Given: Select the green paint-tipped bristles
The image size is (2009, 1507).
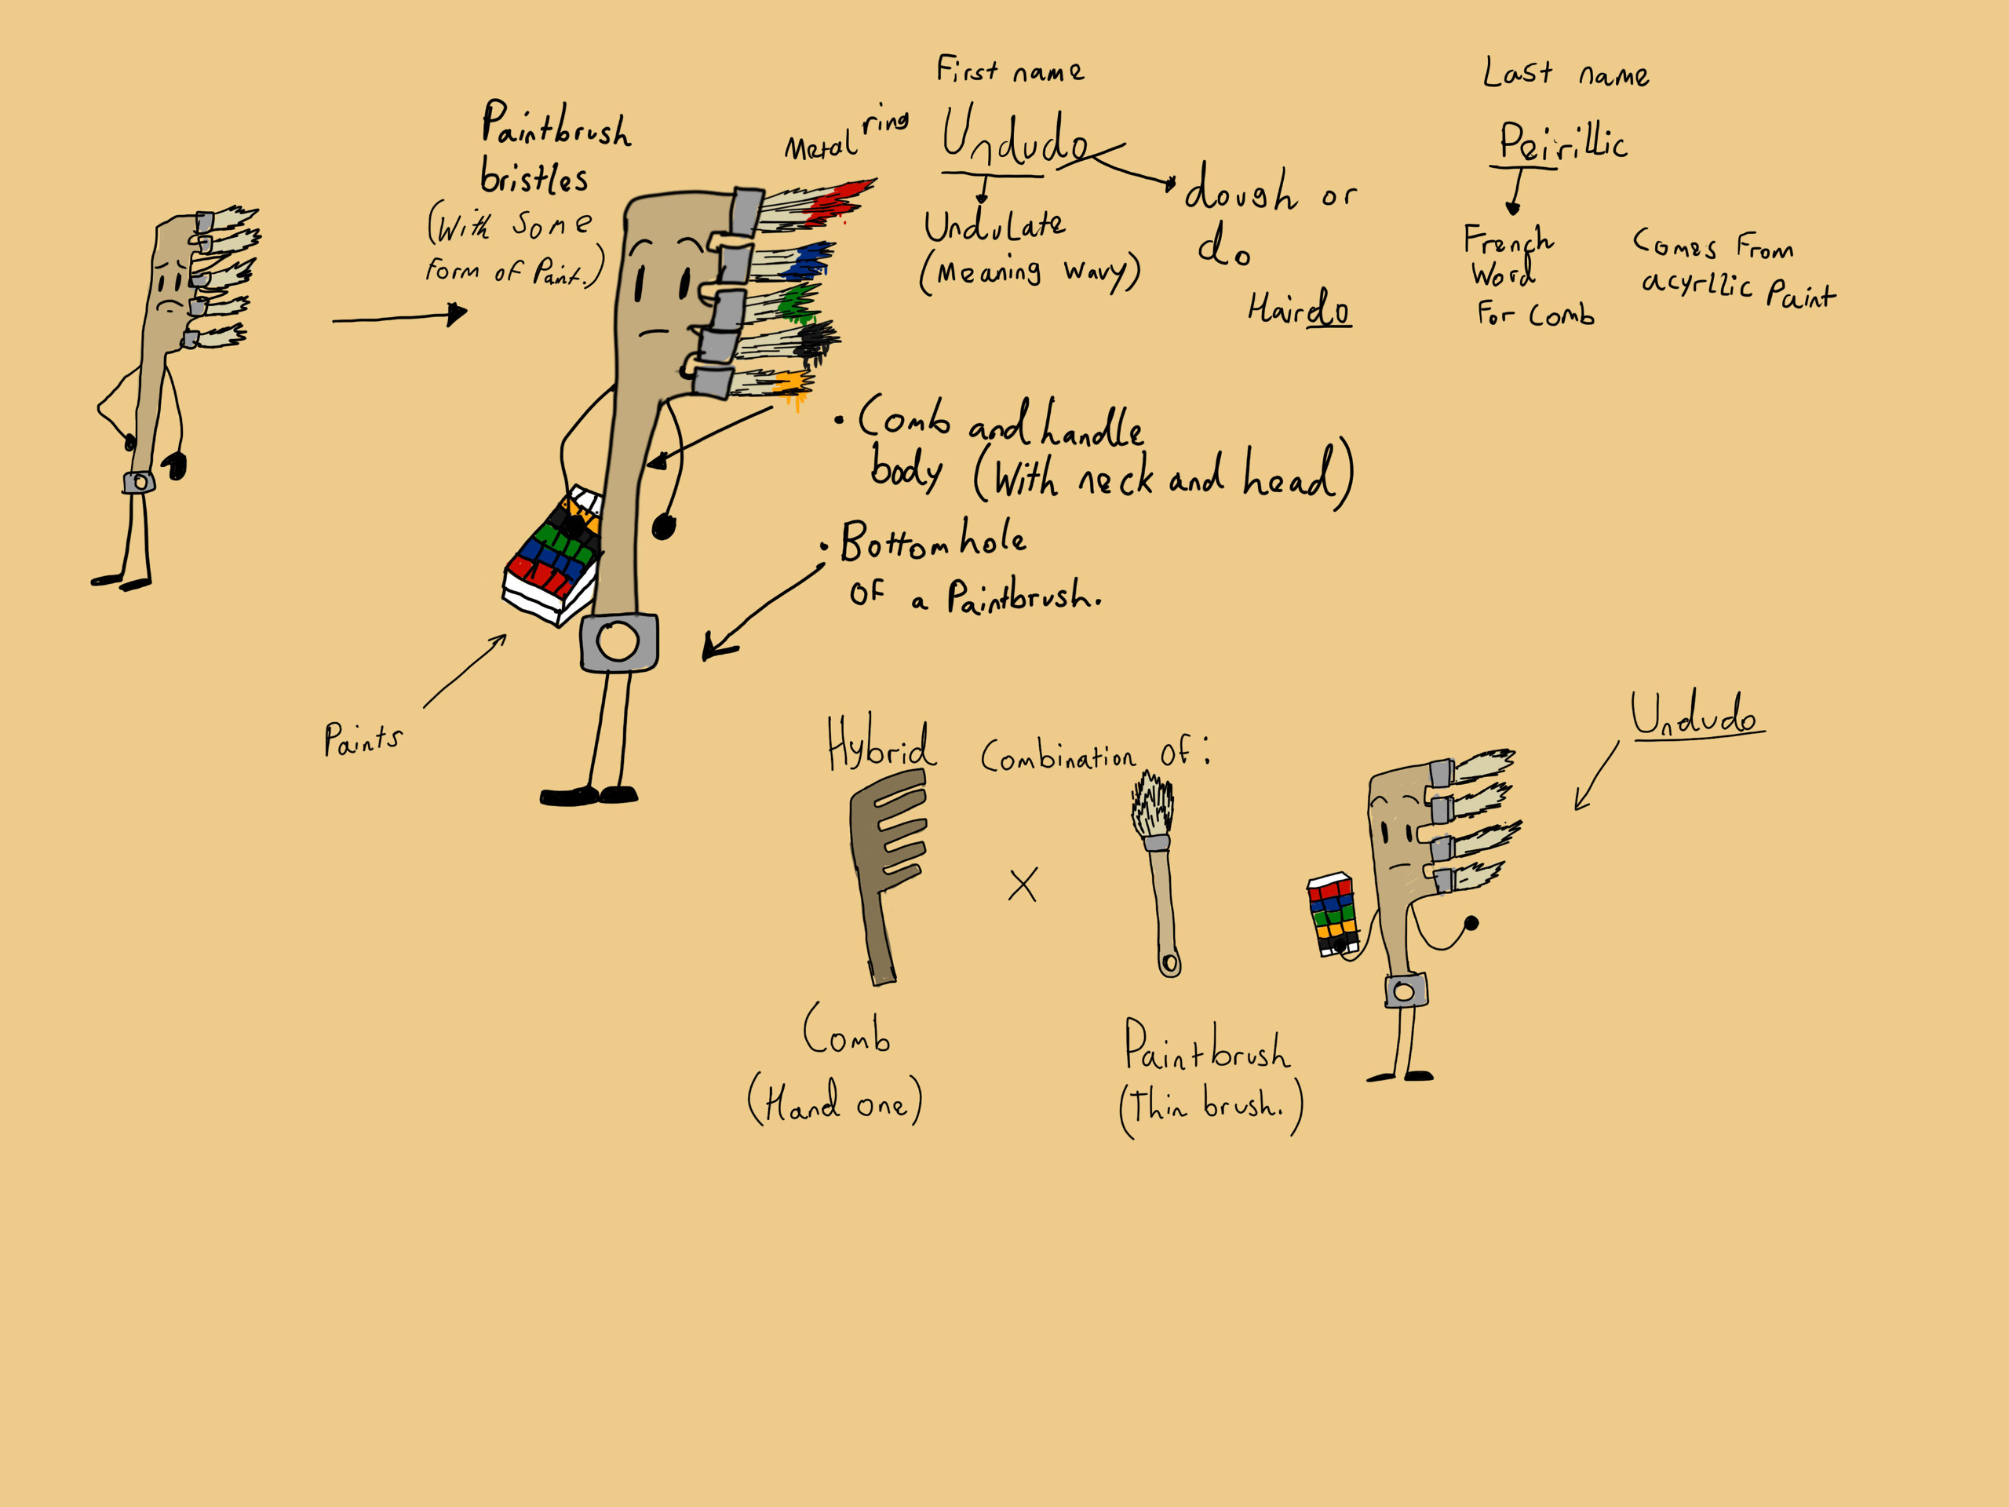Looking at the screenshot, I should [795, 302].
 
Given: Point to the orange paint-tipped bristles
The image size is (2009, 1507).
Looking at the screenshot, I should [789, 383].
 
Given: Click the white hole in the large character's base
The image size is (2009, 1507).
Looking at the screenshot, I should [618, 641].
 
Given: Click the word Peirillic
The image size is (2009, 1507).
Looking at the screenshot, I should [1562, 144].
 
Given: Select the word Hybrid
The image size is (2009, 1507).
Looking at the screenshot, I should [879, 746].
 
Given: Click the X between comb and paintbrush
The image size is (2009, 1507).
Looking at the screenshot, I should [1023, 884].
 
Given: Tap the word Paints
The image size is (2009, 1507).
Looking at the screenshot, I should [363, 739].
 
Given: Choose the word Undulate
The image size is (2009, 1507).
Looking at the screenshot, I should [994, 226].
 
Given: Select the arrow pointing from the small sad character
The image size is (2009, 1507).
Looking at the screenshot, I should [399, 317].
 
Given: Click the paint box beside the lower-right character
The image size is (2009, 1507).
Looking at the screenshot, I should [1332, 913].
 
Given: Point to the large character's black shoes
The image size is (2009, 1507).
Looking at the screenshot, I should [589, 797].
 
